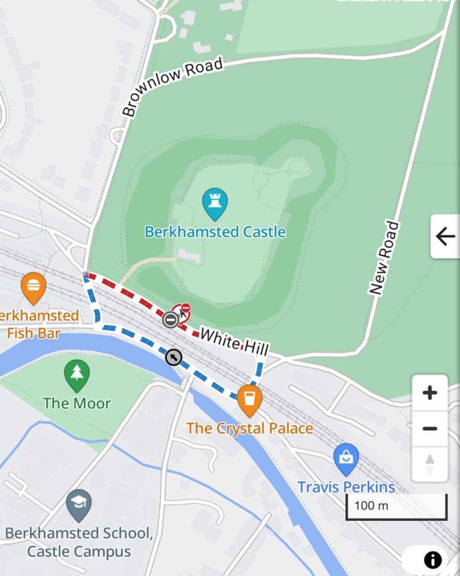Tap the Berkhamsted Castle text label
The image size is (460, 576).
215,232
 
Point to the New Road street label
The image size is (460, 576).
385,258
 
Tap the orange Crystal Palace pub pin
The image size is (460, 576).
249,399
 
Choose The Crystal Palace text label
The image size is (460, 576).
249,429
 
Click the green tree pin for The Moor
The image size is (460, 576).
77,375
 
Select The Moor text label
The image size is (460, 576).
77,403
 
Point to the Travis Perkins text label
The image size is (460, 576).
346,487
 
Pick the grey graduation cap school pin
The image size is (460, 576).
78,505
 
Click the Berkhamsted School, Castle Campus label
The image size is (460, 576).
79,542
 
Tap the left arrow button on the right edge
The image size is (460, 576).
445,237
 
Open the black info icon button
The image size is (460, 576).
432,560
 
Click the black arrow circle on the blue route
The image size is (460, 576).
173,357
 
